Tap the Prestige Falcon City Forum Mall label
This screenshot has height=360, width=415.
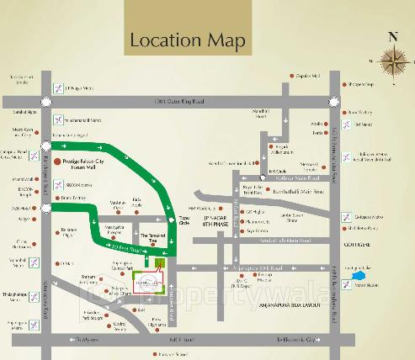[x=89, y=163]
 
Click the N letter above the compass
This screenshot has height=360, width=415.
[x=391, y=36]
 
